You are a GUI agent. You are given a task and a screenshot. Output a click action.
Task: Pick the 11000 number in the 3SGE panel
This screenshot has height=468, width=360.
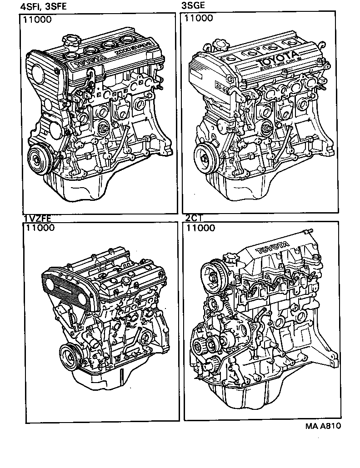(198, 19)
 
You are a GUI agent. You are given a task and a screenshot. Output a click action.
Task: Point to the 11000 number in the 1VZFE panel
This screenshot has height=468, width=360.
(40, 228)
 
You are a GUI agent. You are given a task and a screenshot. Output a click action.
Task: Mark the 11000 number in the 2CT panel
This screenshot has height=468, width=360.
(200, 228)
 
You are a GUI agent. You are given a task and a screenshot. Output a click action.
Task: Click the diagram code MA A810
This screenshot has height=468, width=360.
(323, 426)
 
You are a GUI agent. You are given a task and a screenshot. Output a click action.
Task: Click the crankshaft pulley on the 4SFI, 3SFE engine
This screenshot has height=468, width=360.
(37, 159)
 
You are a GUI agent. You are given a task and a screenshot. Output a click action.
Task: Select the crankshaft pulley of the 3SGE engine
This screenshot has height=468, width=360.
(205, 155)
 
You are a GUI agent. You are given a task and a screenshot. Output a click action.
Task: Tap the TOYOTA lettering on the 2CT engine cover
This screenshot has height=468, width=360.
(273, 248)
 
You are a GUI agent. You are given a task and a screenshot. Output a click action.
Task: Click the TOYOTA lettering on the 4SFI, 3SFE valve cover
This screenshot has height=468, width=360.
(89, 60)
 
